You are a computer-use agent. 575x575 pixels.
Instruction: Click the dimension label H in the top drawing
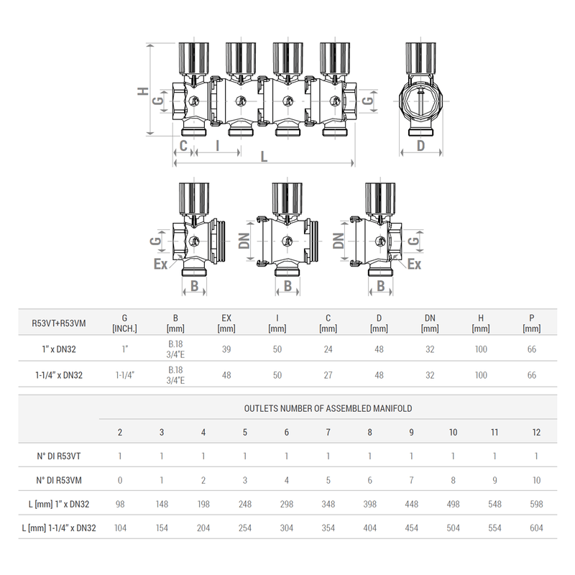[x=142, y=91]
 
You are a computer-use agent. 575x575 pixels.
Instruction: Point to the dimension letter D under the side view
[x=421, y=146]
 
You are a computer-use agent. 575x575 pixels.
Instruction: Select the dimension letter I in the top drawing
[x=217, y=146]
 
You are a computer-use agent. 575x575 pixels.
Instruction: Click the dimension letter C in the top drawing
[x=183, y=146]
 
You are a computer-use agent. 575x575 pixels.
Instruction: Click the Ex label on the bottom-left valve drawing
[x=160, y=264]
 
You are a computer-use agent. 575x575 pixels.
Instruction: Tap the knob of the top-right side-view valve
[x=421, y=56]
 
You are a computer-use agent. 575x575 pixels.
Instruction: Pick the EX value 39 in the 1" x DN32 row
[x=226, y=349]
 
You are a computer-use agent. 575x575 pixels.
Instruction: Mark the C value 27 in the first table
[x=328, y=375]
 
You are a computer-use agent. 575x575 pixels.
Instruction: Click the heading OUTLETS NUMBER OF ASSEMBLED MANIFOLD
[x=328, y=408]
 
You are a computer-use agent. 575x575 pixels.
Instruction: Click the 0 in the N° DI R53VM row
[x=120, y=479]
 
